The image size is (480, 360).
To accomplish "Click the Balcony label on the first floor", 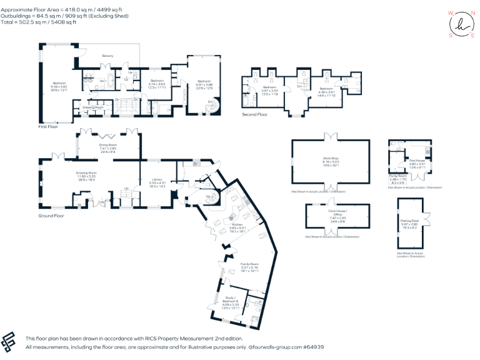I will point(107,56).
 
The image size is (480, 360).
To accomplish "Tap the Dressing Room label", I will point(93,107).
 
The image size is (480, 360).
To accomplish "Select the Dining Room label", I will point(108,144).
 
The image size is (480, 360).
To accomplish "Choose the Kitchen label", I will point(237,224).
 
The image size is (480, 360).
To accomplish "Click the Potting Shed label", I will point(409,221).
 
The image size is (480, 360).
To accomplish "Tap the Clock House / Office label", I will point(337,213).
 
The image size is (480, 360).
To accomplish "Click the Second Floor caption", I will point(255,114).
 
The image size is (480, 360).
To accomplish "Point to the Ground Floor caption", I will point(51,216).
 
